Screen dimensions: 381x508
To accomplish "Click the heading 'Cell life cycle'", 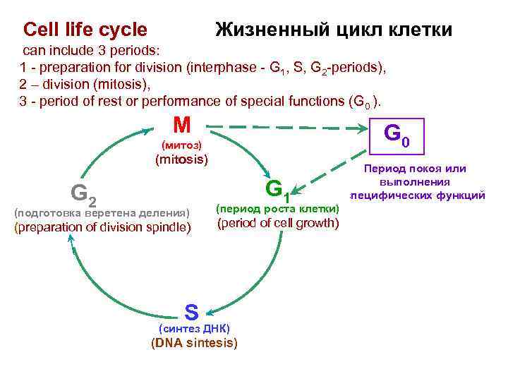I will (x=85, y=30).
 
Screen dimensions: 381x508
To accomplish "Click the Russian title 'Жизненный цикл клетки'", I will (x=333, y=30).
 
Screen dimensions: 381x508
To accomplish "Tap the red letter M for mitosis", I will (x=181, y=126).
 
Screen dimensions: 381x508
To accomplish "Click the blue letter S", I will (x=191, y=310).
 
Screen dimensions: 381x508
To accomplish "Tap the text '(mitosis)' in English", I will (x=181, y=159).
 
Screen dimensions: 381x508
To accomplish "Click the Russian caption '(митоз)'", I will (x=181, y=145).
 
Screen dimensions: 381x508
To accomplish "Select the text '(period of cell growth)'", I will (x=278, y=224).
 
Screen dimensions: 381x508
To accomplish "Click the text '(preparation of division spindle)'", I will (x=102, y=227).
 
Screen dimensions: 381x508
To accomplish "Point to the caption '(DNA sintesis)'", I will (x=195, y=344).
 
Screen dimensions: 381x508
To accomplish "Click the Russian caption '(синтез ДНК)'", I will (x=194, y=329).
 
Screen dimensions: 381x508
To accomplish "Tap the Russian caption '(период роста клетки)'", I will (x=277, y=209).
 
